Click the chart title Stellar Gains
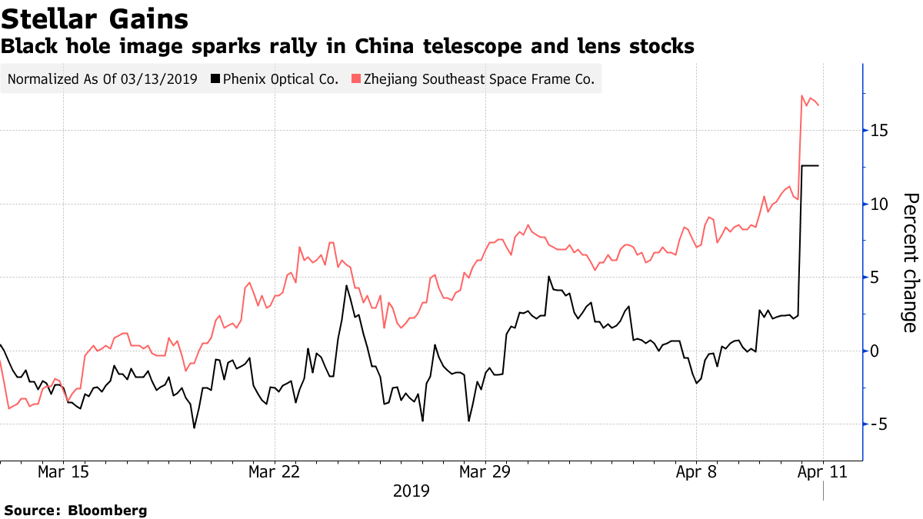(95, 18)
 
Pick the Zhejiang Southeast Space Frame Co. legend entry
(479, 79)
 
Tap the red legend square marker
(355, 79)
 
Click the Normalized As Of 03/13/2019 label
(102, 79)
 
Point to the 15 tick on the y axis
(880, 131)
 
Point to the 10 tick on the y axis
(880, 204)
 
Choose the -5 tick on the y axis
(878, 424)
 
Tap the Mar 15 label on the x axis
(64, 471)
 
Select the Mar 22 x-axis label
(275, 471)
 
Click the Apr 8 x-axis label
(696, 471)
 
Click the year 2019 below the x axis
(411, 491)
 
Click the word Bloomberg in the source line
(107, 510)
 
